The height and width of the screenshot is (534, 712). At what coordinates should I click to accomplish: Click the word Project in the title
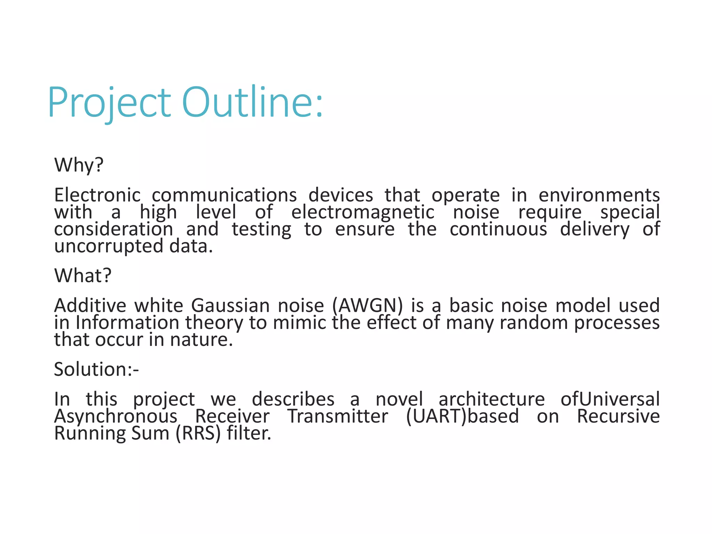click(109, 103)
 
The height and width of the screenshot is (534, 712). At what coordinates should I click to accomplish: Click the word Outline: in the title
click(252, 103)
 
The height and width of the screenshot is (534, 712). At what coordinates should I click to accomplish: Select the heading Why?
click(79, 165)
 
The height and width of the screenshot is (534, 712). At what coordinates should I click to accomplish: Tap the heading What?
click(83, 276)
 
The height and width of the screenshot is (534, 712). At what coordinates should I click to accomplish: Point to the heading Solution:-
click(96, 369)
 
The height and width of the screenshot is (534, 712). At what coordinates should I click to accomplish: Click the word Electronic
click(97, 195)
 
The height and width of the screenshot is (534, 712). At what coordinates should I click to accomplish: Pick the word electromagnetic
click(363, 212)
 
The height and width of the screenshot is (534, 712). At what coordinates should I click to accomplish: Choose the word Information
click(127, 323)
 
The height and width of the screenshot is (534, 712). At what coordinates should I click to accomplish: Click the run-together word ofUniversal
click(610, 399)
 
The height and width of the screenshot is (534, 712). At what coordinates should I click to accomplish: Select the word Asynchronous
click(116, 416)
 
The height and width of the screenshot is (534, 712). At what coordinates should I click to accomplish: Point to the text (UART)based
click(462, 416)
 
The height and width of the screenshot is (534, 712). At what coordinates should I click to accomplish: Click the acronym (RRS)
click(198, 434)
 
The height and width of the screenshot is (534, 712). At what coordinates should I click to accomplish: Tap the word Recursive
click(618, 416)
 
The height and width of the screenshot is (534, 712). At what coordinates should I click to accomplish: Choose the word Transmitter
click(337, 416)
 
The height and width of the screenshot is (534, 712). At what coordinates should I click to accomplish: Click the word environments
click(599, 195)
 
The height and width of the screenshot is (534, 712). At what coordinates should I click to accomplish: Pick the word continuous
click(498, 229)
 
